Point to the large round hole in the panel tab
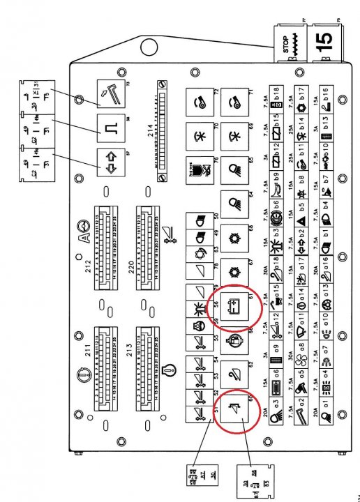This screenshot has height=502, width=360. coord(148,48)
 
